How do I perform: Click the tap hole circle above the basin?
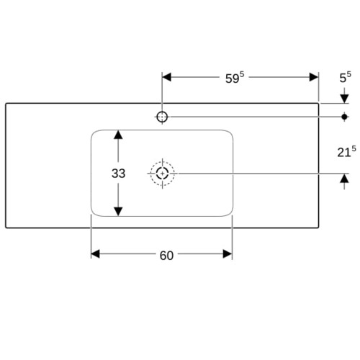tap(162, 112)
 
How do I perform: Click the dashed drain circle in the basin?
tap(163, 161)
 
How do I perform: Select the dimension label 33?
tap(118, 174)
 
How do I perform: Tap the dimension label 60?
tap(166, 256)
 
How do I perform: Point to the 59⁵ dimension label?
tap(235, 77)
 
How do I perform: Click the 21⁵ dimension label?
tap(346, 151)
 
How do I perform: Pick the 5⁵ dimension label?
tap(345, 77)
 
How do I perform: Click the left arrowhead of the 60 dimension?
tap(95, 254)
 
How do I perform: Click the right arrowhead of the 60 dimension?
tap(228, 254)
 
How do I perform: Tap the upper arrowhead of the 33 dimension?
tap(118, 135)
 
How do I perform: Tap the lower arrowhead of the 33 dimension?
tap(118, 212)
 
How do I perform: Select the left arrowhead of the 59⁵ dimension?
tap(166, 77)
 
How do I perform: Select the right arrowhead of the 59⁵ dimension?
tap(314, 77)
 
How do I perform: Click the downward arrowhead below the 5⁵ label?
tap(344, 99)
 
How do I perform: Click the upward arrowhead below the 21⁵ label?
tap(344, 178)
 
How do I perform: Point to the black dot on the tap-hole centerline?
tap(345, 117)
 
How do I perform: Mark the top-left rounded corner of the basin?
tap(94, 133)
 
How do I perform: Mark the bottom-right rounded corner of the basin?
tap(230, 213)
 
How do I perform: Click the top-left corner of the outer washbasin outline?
tap(6, 104)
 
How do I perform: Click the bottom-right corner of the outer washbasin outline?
tap(318, 228)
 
